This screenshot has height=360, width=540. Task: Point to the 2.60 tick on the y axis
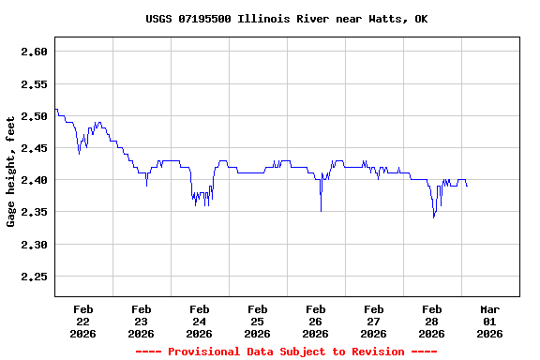click(34, 52)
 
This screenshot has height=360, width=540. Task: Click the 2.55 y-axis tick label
click(34, 84)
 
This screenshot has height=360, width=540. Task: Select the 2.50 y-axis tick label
click(34, 116)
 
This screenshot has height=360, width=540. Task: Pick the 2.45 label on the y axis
click(34, 148)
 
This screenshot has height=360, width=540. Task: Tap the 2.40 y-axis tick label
click(34, 180)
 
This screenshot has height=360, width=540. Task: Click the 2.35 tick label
click(34, 213)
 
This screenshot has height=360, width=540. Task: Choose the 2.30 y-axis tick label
click(34, 245)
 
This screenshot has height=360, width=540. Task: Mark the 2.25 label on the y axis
click(34, 277)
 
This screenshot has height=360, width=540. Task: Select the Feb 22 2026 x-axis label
click(82, 321)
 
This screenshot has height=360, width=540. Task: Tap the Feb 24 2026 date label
click(199, 321)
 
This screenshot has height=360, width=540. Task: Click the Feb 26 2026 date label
click(315, 321)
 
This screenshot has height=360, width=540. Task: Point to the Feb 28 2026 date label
click(431, 321)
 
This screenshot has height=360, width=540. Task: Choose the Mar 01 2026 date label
click(489, 321)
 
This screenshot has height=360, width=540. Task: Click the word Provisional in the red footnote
click(205, 352)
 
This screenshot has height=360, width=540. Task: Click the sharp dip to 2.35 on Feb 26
click(321, 210)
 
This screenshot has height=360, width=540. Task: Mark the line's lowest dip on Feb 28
click(433, 217)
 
